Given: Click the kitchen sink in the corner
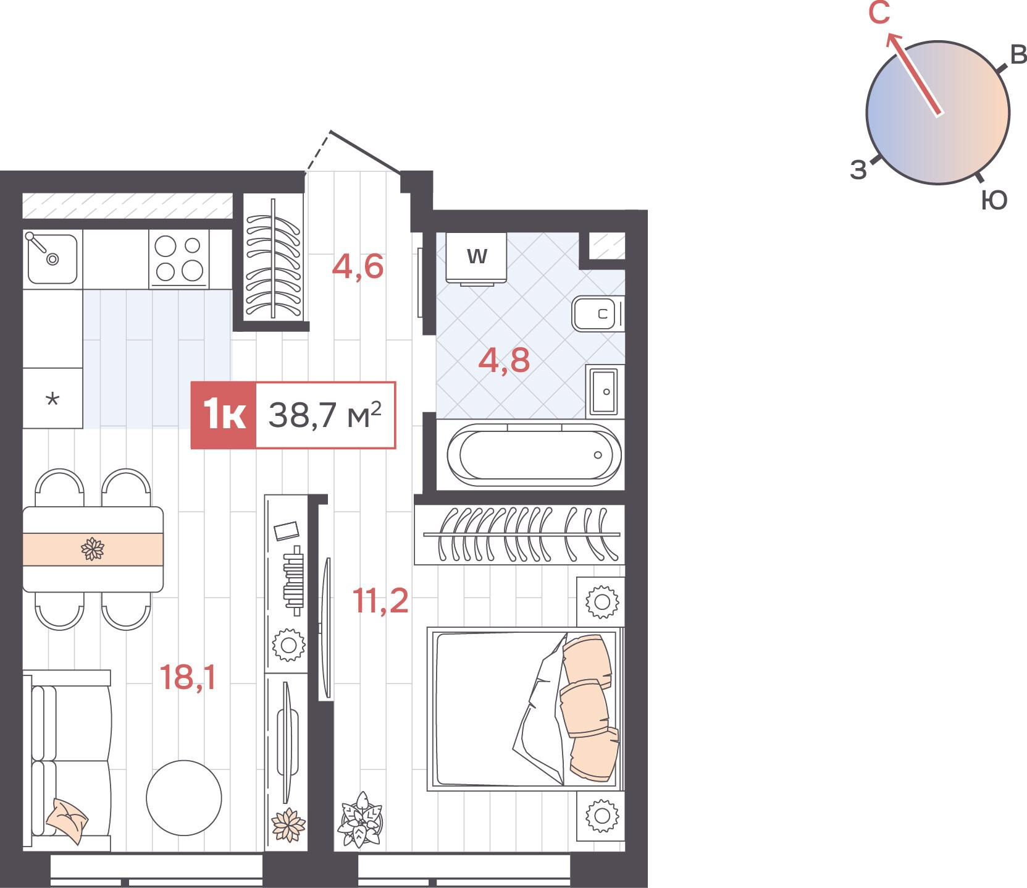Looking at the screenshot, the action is (52, 258).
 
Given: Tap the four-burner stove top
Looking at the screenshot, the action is (178, 258).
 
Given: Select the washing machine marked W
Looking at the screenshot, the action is (476, 258).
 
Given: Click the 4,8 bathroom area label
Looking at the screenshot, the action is (504, 360).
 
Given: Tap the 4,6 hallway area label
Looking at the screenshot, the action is (358, 266).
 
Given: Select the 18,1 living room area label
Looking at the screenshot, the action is (188, 677).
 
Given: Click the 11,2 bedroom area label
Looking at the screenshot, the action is (380, 600).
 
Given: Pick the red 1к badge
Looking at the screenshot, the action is (223, 415).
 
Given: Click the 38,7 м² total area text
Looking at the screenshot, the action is (325, 415).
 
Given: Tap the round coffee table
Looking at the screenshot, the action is (184, 798).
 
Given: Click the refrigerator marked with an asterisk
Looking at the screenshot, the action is (52, 398).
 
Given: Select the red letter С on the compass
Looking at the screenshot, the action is (879, 13).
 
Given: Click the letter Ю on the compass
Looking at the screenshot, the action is (994, 200).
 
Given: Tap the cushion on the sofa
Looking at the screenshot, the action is (67, 821).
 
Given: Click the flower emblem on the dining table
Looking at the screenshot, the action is (93, 549).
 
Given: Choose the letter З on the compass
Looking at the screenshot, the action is (858, 169).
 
